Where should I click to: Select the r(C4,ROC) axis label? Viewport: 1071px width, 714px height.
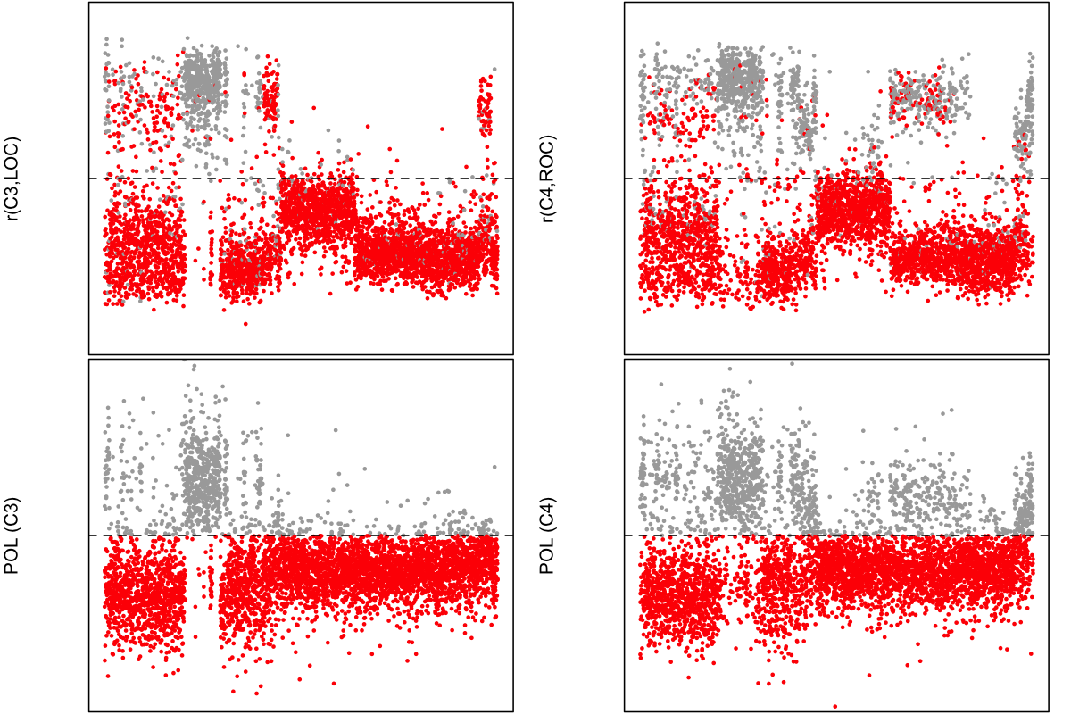point(549,178)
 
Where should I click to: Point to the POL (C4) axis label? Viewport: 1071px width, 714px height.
point(549,535)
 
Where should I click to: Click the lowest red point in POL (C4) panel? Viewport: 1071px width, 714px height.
point(835,706)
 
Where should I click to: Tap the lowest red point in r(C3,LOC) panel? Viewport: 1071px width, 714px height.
point(245,323)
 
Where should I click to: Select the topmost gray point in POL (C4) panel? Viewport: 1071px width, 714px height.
point(791,363)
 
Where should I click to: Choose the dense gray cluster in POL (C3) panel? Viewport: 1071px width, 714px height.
point(204,473)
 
